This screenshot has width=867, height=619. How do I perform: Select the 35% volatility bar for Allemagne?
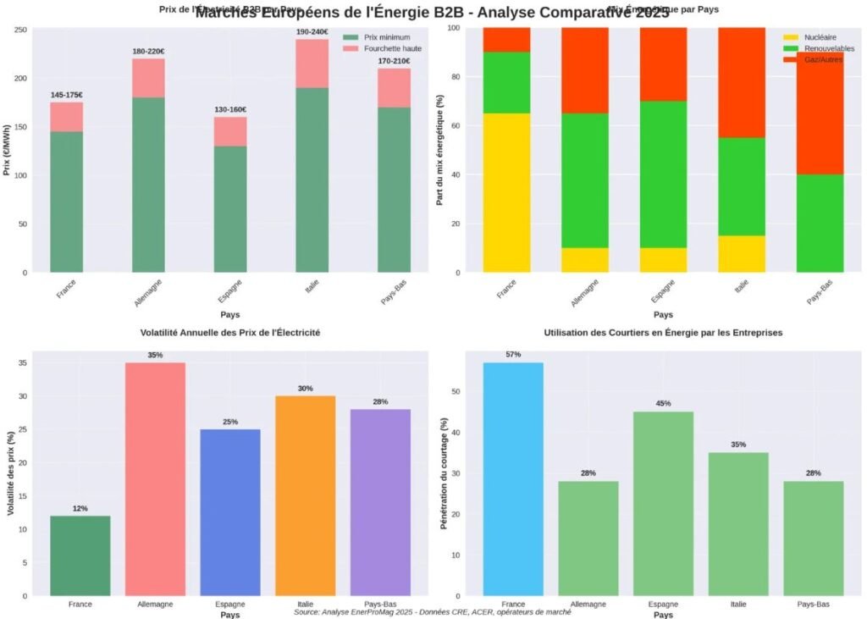155,478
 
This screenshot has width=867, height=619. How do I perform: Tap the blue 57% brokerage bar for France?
513,478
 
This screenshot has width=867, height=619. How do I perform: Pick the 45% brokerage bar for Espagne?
663,503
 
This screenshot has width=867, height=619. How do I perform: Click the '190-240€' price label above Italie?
312,32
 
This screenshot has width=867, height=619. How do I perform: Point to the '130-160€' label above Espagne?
230,109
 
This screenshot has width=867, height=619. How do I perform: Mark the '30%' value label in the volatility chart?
305,388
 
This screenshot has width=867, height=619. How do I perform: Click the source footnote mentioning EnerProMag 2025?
433,611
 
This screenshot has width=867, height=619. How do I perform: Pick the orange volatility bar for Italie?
305,495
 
